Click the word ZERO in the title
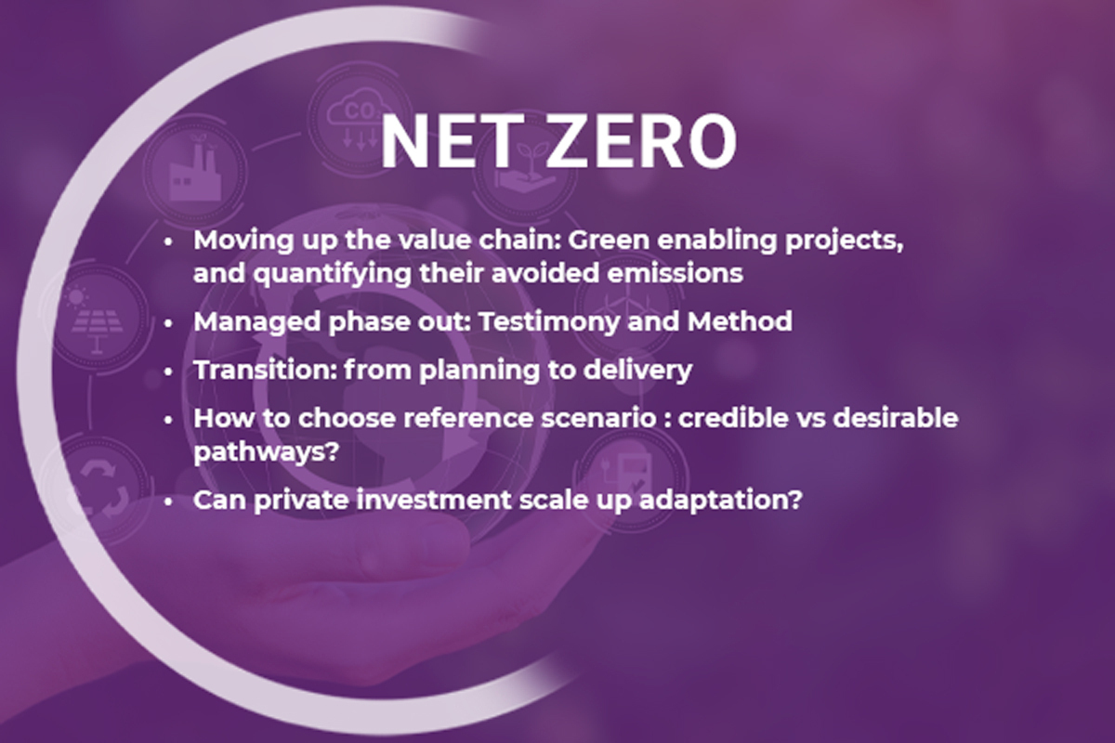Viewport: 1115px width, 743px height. tap(642, 141)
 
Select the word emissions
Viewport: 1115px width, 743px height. tap(675, 273)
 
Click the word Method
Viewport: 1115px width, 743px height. tap(740, 321)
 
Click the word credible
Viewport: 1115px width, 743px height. tap(733, 418)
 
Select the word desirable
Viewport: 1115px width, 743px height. tap(895, 418)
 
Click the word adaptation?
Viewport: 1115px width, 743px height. tap(721, 501)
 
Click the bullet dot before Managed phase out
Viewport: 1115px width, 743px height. tap(168, 323)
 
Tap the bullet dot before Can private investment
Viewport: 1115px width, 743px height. tap(168, 502)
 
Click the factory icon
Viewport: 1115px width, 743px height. tap(193, 168)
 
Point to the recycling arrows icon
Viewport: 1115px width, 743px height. tap(99, 490)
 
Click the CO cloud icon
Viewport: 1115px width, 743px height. tap(360, 120)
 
